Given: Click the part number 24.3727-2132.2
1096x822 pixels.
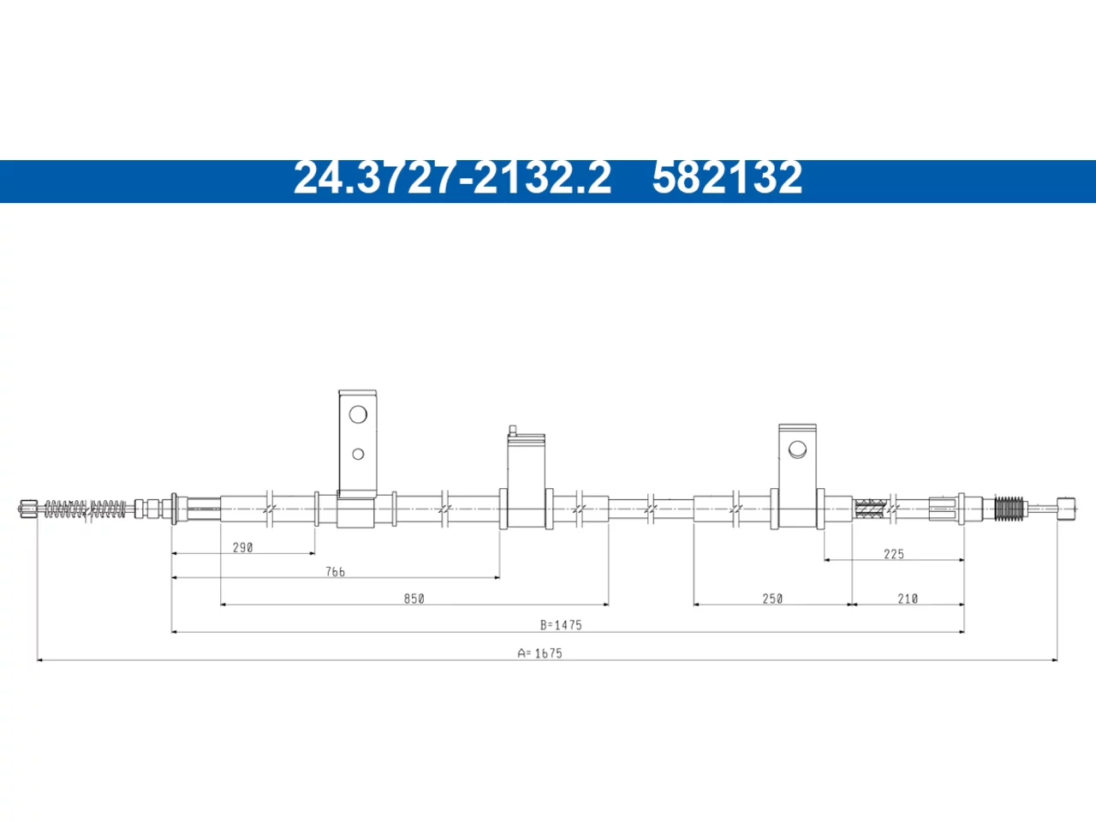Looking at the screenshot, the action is tap(452, 178).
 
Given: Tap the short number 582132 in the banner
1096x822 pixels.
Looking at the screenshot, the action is tap(727, 178).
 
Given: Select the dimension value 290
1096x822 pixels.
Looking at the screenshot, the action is tap(242, 547).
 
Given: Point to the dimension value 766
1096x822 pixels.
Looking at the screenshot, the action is tap(335, 572).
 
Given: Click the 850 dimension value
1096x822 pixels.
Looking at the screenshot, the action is tap(414, 599).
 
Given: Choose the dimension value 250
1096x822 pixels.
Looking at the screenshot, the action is tap(772, 599).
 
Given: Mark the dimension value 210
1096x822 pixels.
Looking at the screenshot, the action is tap(908, 599).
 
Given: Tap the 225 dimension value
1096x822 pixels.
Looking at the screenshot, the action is tap(894, 554).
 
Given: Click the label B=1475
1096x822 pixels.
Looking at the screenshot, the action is tap(561, 625).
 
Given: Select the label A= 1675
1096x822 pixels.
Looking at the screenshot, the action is tap(539, 653).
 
